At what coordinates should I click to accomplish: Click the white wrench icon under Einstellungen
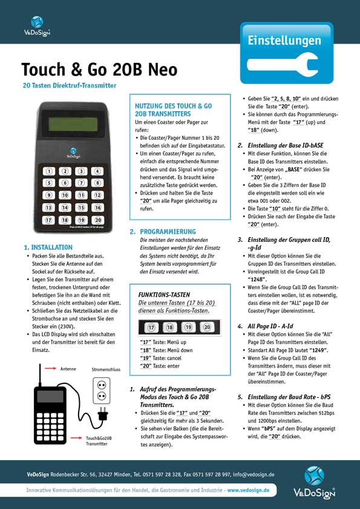[x=282, y=64]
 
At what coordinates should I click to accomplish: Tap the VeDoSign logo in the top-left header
[x=37, y=26]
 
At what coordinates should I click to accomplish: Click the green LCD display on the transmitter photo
[x=73, y=123]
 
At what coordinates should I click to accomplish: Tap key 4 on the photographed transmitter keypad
[x=97, y=171]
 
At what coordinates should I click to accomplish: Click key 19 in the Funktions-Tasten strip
[x=188, y=327]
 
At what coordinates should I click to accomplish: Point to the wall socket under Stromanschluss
[x=102, y=391]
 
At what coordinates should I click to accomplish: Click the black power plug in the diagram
[x=102, y=415]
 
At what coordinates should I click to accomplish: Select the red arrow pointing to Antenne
[x=51, y=368]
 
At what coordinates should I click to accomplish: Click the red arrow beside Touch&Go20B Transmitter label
[x=76, y=438]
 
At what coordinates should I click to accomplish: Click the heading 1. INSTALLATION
[x=48, y=247]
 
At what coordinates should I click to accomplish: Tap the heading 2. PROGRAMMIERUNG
[x=163, y=232]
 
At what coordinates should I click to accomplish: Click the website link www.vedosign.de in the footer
[x=248, y=490]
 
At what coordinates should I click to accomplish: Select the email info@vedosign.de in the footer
[x=254, y=475]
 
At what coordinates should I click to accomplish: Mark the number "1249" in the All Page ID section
[x=318, y=350]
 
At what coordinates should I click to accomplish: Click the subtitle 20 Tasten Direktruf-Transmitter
[x=70, y=86]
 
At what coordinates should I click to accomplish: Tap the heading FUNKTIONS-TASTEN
[x=164, y=295]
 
